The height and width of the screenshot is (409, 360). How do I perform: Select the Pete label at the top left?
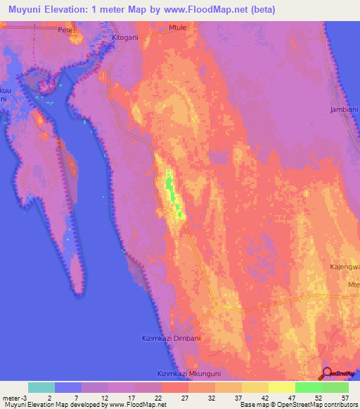click(66, 31)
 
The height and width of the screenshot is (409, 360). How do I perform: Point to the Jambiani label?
click(344, 110)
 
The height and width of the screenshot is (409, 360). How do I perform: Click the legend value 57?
click(345, 397)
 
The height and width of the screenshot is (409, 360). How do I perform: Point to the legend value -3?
click(24, 397)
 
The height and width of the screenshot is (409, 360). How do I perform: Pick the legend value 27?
click(185, 397)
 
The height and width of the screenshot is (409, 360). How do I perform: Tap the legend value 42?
click(264, 397)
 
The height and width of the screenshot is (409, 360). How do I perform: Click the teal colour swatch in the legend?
click(41, 387)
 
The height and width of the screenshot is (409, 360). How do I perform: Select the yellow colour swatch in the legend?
click(281, 387)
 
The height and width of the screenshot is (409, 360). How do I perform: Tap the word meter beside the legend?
click(11, 397)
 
